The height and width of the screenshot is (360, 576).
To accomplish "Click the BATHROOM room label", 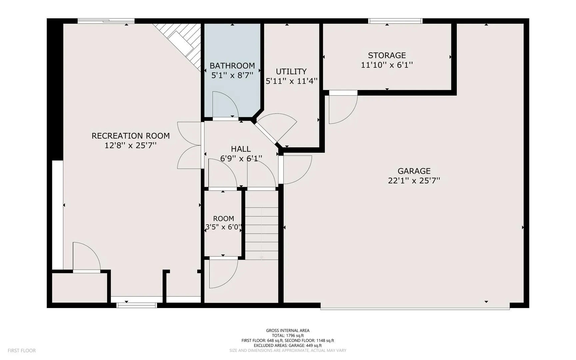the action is coord(232,66).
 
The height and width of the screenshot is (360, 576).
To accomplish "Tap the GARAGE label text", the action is coord(414,171).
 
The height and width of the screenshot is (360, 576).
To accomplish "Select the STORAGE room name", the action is coord(387,55).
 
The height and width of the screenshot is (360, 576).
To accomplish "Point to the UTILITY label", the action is coord(291,71).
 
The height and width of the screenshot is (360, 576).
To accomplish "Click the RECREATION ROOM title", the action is coord(131,136).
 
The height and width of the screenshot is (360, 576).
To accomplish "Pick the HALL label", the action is coord(241,149).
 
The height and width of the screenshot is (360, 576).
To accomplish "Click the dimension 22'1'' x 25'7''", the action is coord(414,181).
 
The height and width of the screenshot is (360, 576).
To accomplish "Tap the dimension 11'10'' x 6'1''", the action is coord(387,65).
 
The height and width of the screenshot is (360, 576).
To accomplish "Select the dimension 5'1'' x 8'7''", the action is coord(232,75).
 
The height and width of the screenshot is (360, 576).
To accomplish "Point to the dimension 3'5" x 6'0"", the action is coord(223,227).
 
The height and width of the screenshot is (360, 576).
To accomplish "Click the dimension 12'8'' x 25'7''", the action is coord(131,145).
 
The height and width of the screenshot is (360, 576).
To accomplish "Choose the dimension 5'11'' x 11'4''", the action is coord(291,81).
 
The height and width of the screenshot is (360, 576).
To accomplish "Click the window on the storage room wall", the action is coord(395,21).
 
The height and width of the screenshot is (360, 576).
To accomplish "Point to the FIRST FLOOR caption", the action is coord(22,351).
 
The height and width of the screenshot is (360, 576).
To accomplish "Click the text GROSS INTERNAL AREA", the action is coord(288,331).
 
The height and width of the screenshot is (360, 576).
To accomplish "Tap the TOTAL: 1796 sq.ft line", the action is coord(288,336).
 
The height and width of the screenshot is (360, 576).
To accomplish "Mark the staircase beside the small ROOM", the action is coord(262,225).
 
